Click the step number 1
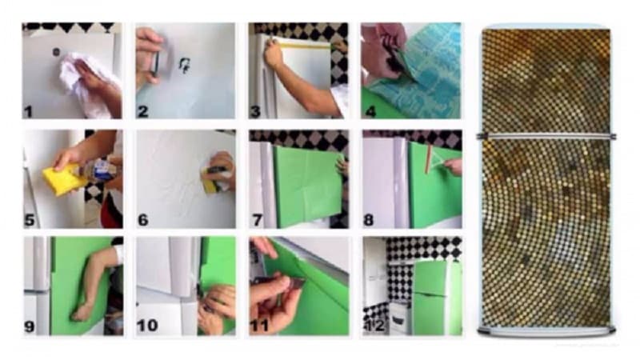pos(28,111)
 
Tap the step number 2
pos(142,111)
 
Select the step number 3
pos(255,111)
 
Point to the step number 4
pos(370,111)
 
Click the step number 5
pos(30,221)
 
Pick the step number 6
pos(143,221)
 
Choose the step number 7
pos(257,221)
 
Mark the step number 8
pos(369,221)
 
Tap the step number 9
pos(30,326)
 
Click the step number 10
pos(147,326)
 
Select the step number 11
pos(259,326)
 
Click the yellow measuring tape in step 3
pos(304,44)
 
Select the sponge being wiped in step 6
pos(211,179)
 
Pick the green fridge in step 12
pos(436,297)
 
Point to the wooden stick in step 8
pos(428,159)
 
